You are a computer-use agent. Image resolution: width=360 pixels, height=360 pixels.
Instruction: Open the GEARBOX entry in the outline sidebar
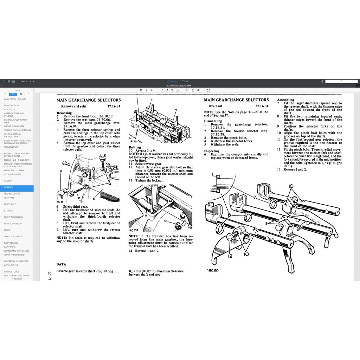pos(9,187)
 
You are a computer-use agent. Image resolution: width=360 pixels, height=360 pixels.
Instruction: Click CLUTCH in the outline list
pos(8,181)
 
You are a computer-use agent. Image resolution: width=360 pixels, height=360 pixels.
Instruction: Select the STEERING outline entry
pos(9,211)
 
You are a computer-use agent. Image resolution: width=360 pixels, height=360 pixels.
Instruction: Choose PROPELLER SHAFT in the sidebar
pos(13,194)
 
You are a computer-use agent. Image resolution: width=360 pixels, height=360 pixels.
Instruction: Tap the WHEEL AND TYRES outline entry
pos(13,237)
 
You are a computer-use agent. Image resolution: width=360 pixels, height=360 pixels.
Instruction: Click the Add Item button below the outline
pos(17,279)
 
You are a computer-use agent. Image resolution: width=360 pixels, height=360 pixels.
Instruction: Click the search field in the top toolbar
pos(341,81)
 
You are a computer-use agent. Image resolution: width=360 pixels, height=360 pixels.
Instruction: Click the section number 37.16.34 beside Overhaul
pos(262,106)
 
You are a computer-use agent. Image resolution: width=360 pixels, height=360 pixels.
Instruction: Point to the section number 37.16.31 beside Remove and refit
pos(114,106)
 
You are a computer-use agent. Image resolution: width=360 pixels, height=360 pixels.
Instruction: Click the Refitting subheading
pos(135,147)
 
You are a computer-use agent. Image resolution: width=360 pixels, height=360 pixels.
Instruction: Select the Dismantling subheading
pos(213,121)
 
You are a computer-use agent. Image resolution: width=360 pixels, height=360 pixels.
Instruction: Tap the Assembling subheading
pos(285,100)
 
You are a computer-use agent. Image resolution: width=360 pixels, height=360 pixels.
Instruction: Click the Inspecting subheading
pos(212,151)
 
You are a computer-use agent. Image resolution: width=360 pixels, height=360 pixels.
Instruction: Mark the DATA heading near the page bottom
pos(61,264)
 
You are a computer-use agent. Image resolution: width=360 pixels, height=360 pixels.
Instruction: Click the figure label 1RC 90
pos(213,270)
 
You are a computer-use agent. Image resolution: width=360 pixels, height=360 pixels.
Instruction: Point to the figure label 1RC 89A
pos(134,230)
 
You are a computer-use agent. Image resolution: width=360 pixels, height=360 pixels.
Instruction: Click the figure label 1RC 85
pos(59,202)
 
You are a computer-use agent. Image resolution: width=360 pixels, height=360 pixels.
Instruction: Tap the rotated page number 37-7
pos(50,276)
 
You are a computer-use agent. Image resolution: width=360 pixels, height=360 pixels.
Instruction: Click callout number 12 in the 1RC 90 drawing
pos(230,256)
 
